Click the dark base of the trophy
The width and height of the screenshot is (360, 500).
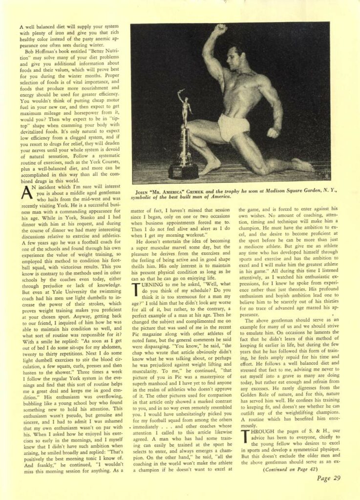(184, 170)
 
